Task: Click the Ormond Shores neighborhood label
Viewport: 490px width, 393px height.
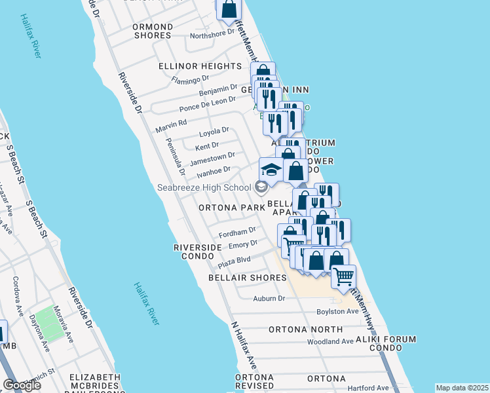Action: click(x=153, y=31)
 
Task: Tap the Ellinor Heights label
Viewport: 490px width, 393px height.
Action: click(x=200, y=66)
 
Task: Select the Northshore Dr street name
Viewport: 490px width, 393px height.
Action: click(x=212, y=34)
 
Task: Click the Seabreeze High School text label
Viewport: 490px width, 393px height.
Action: click(x=203, y=188)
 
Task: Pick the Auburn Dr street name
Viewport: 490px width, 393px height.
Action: click(x=269, y=299)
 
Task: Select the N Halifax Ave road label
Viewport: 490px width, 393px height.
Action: click(x=244, y=346)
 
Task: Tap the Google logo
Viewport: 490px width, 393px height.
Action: click(x=22, y=385)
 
